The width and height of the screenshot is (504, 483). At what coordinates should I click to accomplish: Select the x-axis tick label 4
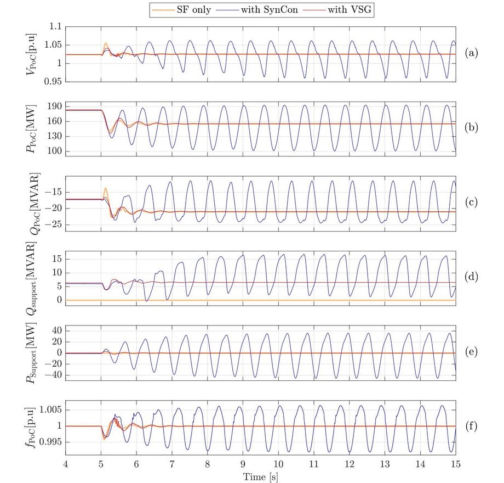(66, 464)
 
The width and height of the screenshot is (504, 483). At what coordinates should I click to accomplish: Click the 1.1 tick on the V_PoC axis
(54, 26)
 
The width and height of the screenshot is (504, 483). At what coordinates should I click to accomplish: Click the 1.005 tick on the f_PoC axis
(48, 410)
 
